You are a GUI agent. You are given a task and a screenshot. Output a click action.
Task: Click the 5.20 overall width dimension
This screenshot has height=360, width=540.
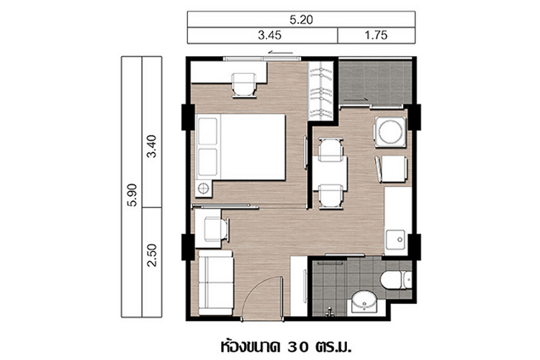tap(302, 19)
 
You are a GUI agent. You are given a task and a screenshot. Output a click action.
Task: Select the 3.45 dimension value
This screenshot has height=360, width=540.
tap(270, 35)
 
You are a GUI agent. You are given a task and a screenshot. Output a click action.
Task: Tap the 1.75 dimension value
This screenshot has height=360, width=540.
tap(376, 35)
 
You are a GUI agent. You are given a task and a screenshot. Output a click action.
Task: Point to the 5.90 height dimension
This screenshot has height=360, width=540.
tap(132, 195)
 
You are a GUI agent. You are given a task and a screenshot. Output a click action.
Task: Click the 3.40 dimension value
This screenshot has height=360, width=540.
tap(151, 146)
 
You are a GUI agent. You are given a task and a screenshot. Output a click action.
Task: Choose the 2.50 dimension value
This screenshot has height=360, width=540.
tap(151, 256)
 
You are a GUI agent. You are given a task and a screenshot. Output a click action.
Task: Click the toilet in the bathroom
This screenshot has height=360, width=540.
tap(396, 279)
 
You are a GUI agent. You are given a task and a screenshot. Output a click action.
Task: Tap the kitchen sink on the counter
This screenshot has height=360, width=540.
tap(395, 240)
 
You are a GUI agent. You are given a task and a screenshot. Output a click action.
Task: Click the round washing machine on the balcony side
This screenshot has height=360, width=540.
tap(390, 132)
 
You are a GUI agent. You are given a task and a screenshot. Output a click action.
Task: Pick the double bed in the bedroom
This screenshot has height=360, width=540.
tap(240, 147)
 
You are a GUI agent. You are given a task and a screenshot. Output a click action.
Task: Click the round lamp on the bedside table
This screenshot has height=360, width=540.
tap(203, 189)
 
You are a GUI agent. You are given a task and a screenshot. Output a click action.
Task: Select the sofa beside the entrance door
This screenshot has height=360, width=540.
tap(216, 282)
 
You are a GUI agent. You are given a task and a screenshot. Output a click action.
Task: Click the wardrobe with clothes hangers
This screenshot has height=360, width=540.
tap(321, 91)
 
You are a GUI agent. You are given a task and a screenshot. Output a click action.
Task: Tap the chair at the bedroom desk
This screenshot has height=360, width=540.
tap(244, 85)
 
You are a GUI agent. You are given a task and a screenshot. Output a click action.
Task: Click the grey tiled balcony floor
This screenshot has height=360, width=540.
tap(375, 82)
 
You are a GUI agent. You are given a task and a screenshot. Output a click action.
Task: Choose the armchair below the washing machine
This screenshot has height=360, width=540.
tap(392, 169)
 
